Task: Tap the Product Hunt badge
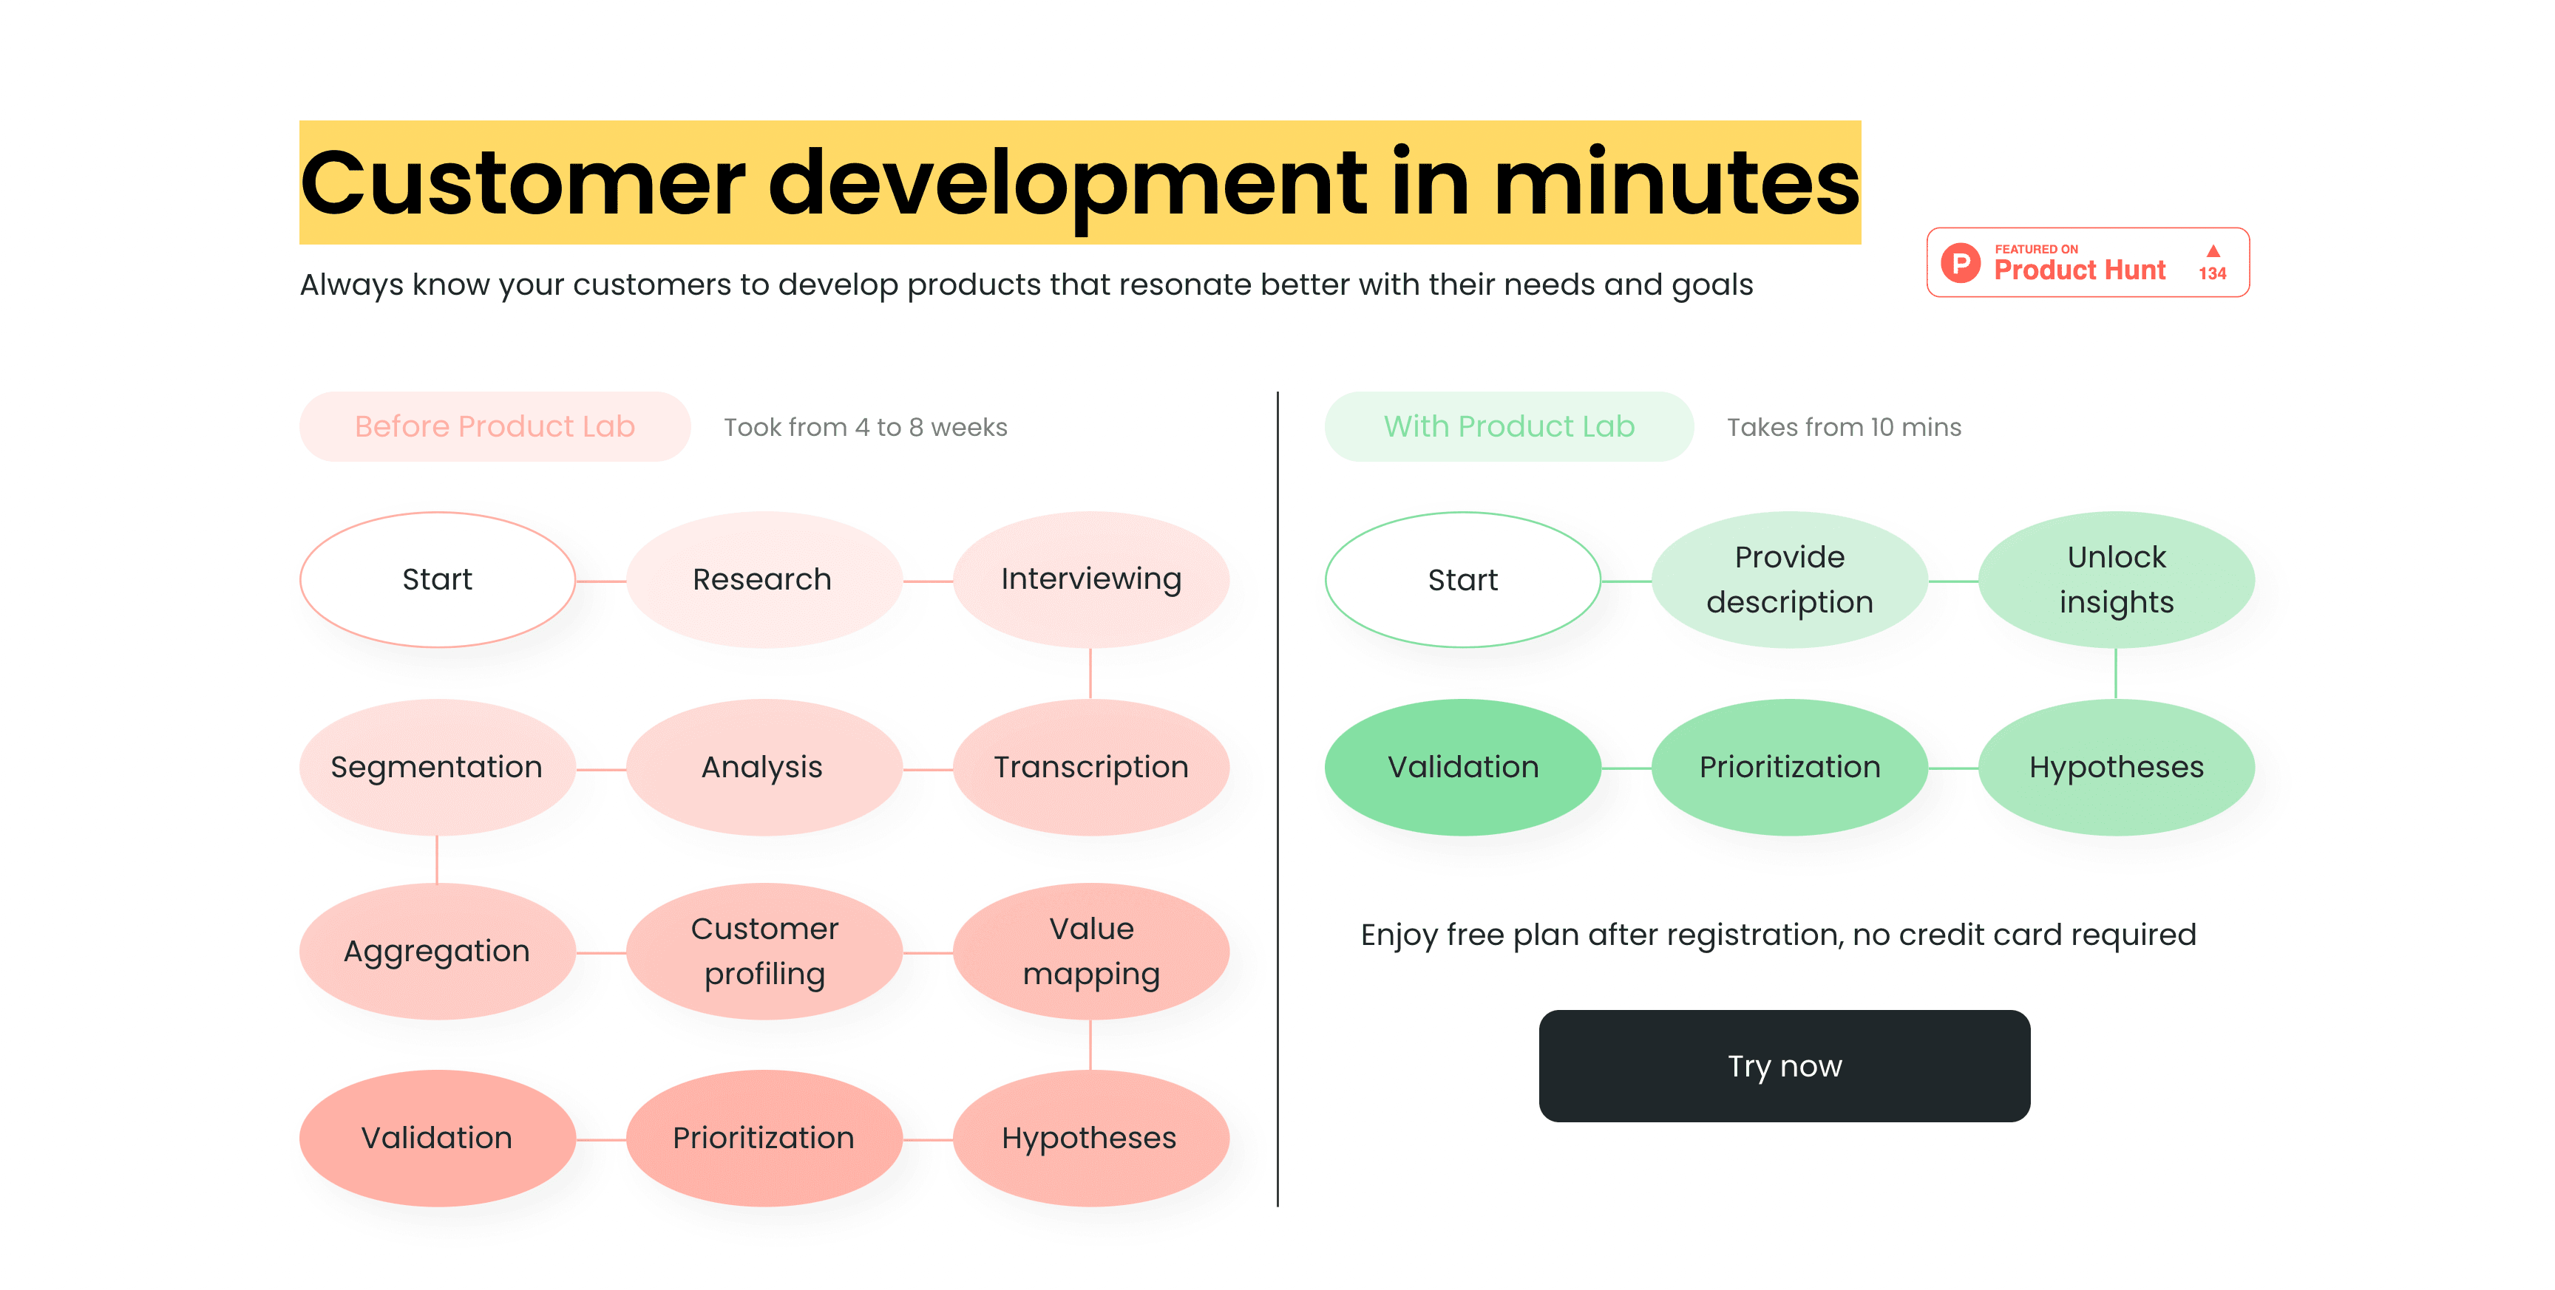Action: [2087, 263]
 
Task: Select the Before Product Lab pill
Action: [494, 426]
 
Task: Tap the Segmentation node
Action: [436, 766]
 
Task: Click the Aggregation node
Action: [436, 951]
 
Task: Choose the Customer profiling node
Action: [763, 951]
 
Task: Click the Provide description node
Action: [1788, 579]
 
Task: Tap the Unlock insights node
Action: [2116, 579]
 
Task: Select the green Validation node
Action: [1462, 766]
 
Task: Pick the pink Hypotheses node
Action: [1090, 1137]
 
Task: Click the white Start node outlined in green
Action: [1462, 579]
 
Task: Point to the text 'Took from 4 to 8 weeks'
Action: [865, 427]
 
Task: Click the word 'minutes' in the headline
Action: [1676, 183]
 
